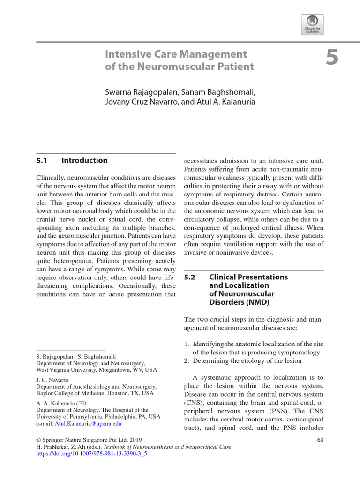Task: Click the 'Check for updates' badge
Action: (313, 23)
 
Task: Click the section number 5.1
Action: (42, 160)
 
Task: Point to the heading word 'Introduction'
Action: (84, 160)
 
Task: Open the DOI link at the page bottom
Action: (89, 454)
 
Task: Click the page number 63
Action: (320, 440)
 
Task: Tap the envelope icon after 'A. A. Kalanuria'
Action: (82, 403)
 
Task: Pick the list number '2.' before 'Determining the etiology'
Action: (188, 361)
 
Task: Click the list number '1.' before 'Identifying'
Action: (188, 344)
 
